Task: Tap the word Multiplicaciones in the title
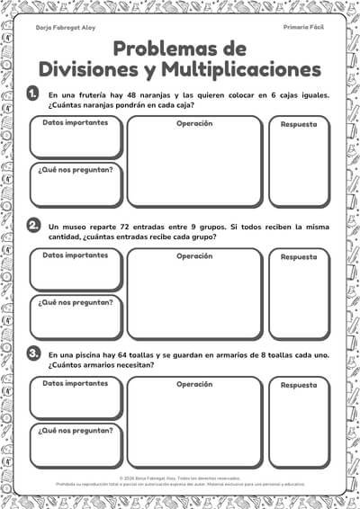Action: pyautogui.click(x=241, y=68)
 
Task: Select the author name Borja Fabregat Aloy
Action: pyautogui.click(x=65, y=28)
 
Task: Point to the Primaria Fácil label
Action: pyautogui.click(x=303, y=28)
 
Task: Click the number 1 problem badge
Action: pyautogui.click(x=34, y=94)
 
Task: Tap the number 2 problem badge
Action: pyautogui.click(x=34, y=225)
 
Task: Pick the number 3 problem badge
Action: pyautogui.click(x=34, y=353)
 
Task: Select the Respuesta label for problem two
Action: pyautogui.click(x=299, y=257)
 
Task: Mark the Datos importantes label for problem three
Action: pyautogui.click(x=75, y=384)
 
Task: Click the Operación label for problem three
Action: pyautogui.click(x=194, y=384)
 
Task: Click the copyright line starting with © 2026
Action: pyautogui.click(x=180, y=478)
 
